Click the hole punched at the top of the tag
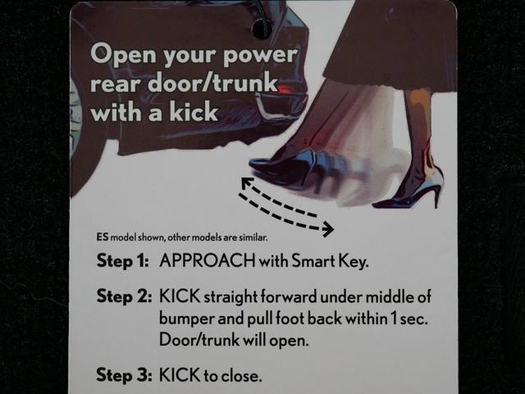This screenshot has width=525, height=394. (262, 30)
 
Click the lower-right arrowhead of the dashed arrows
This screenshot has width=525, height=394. (328, 230)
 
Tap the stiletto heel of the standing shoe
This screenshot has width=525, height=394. (436, 198)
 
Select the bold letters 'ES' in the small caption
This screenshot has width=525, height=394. (103, 237)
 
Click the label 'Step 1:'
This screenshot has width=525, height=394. (122, 261)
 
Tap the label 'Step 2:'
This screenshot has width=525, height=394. (124, 296)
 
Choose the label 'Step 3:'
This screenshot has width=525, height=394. (124, 374)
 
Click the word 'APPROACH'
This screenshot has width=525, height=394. (207, 260)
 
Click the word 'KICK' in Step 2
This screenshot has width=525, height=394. (180, 296)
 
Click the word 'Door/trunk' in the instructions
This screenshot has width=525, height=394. (199, 340)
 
